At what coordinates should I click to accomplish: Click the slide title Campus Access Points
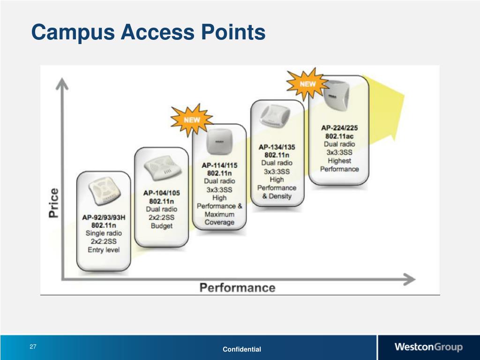[x=148, y=32]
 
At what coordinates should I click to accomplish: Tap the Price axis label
[x=54, y=202]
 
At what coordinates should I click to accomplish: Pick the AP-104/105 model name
[x=161, y=193]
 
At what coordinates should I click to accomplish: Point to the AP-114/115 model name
[x=219, y=165]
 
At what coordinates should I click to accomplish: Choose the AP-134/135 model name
[x=277, y=147]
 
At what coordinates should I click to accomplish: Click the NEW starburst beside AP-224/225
[x=307, y=84]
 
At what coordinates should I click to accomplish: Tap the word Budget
[x=161, y=225]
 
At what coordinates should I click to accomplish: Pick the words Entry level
[x=104, y=250]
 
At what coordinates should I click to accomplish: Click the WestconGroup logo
[x=428, y=347]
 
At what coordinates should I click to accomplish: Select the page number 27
[x=33, y=347]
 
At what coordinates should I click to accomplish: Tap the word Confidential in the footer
[x=242, y=349]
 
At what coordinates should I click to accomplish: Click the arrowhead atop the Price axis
[x=62, y=84]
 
